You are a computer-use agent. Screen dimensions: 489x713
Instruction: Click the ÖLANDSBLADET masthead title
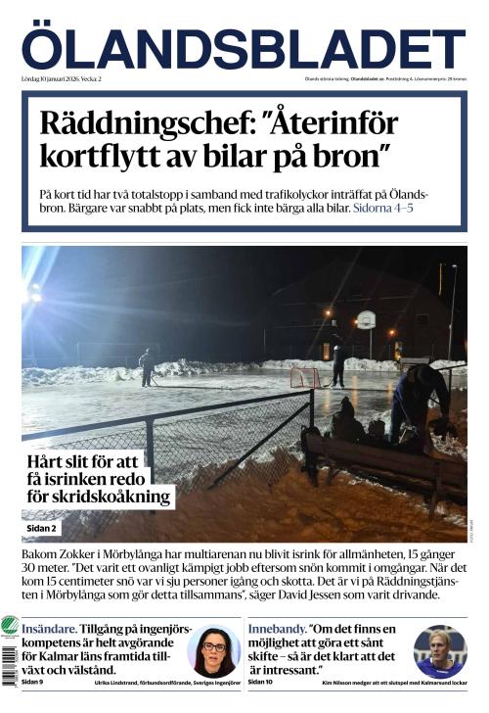[x=244, y=49]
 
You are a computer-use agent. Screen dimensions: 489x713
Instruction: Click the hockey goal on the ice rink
[x=304, y=377]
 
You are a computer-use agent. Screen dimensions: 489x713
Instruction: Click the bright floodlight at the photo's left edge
[x=33, y=291]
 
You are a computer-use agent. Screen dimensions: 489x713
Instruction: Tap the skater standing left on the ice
[x=147, y=367]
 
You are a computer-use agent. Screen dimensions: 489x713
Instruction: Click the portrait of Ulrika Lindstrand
[x=214, y=651]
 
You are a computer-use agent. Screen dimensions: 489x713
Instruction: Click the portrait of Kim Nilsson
[x=440, y=651]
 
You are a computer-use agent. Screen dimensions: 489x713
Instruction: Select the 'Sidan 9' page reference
[x=32, y=682]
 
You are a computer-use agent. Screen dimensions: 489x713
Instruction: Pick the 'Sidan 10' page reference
[x=261, y=682]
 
